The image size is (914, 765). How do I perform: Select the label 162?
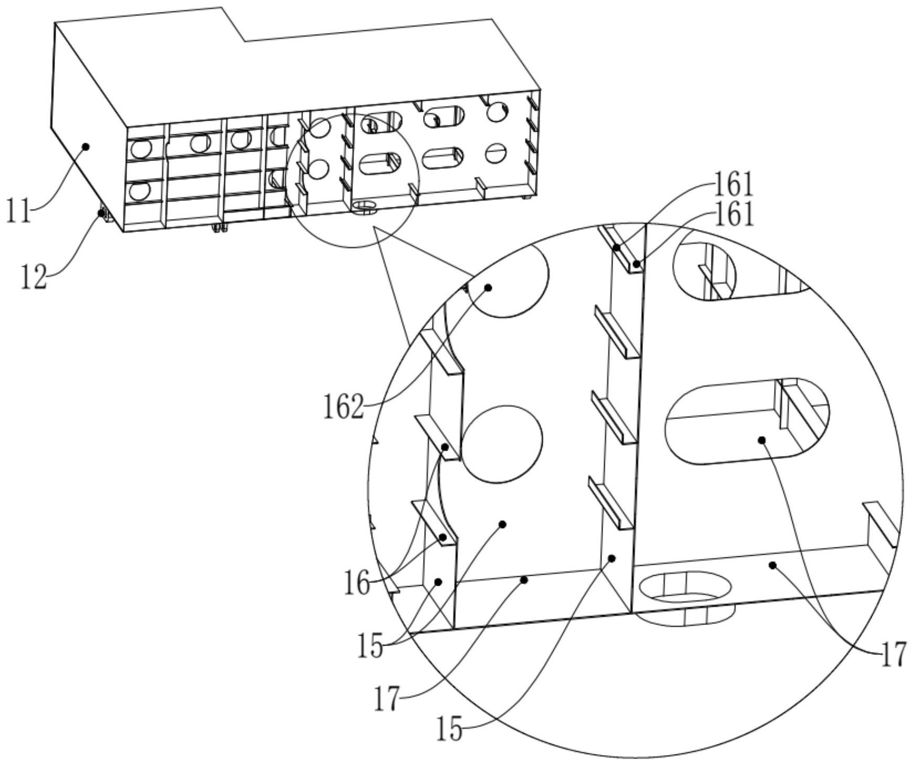coord(343,407)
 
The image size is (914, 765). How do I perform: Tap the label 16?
coord(357,583)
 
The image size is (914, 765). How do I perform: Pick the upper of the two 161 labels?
coord(733,185)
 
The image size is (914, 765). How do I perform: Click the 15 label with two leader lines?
coord(371,647)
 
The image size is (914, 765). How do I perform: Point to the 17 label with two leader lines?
coord(893,654)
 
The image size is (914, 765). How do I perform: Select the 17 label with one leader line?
coord(387,699)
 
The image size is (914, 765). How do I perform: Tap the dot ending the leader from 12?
coord(101,212)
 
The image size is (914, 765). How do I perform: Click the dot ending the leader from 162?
coord(488,287)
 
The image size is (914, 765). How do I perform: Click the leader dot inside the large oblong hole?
coord(762,439)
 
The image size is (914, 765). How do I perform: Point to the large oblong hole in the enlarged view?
coord(747,421)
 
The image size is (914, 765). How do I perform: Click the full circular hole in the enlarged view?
coord(502,444)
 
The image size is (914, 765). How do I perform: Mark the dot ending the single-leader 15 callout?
coord(611,558)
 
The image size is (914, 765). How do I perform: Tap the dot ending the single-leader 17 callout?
coord(523,579)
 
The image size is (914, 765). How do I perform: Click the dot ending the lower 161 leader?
coord(636,264)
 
